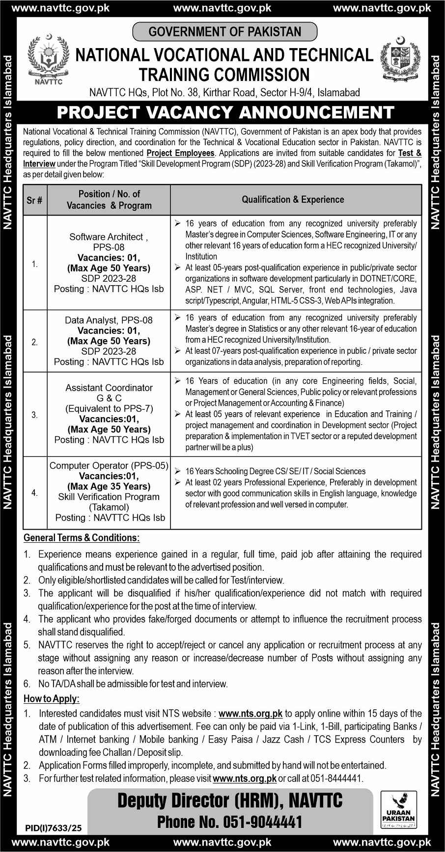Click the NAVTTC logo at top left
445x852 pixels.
49,59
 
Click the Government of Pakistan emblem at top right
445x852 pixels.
398,59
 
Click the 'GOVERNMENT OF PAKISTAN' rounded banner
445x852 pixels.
225,32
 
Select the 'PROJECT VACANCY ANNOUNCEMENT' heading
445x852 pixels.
225,112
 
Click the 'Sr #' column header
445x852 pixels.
34,200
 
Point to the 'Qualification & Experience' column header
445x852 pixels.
293,199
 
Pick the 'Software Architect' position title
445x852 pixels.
107,237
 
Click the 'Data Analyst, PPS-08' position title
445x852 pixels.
109,320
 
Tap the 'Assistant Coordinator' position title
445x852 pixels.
109,388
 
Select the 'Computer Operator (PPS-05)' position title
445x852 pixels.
109,465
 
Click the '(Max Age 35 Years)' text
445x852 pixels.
109,486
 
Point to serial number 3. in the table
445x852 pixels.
34,415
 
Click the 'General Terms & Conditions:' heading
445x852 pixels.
82,538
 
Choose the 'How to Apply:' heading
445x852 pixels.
52,699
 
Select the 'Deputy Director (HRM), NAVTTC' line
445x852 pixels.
230,801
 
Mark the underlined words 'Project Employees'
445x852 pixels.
180,153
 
